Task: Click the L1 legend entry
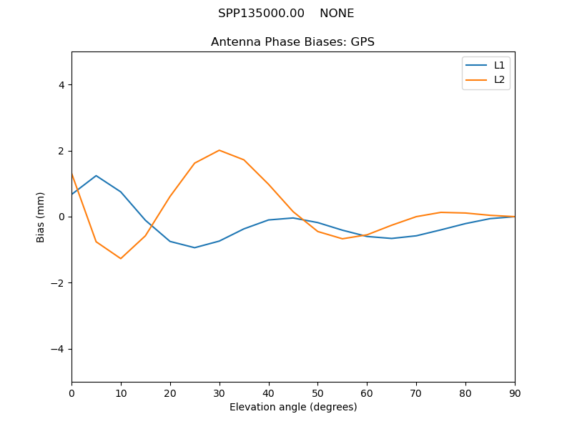[499, 65]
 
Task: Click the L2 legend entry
[499, 79]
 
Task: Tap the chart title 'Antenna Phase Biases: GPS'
[292, 42]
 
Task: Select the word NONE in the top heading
[337, 14]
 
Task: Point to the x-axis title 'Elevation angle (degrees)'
[293, 407]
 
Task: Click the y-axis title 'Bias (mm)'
[41, 217]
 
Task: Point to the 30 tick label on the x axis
[220, 393]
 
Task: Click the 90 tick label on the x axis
[515, 393]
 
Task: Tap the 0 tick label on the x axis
[71, 393]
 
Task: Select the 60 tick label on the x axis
[367, 393]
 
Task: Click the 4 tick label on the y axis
[61, 84]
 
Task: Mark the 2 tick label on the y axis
[61, 151]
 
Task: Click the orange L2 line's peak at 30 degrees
[220, 150]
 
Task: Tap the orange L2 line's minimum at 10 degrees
[121, 258]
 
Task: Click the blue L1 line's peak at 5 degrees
[96, 175]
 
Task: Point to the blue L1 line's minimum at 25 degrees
[194, 247]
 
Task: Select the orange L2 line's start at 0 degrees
[72, 174]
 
